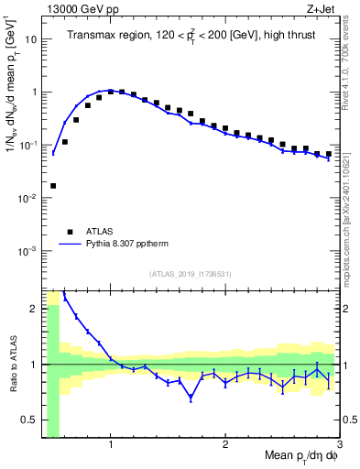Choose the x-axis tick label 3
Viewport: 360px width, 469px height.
(339, 446)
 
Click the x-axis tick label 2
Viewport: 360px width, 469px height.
(225, 446)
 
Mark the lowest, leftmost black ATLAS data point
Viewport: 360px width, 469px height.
(53, 185)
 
